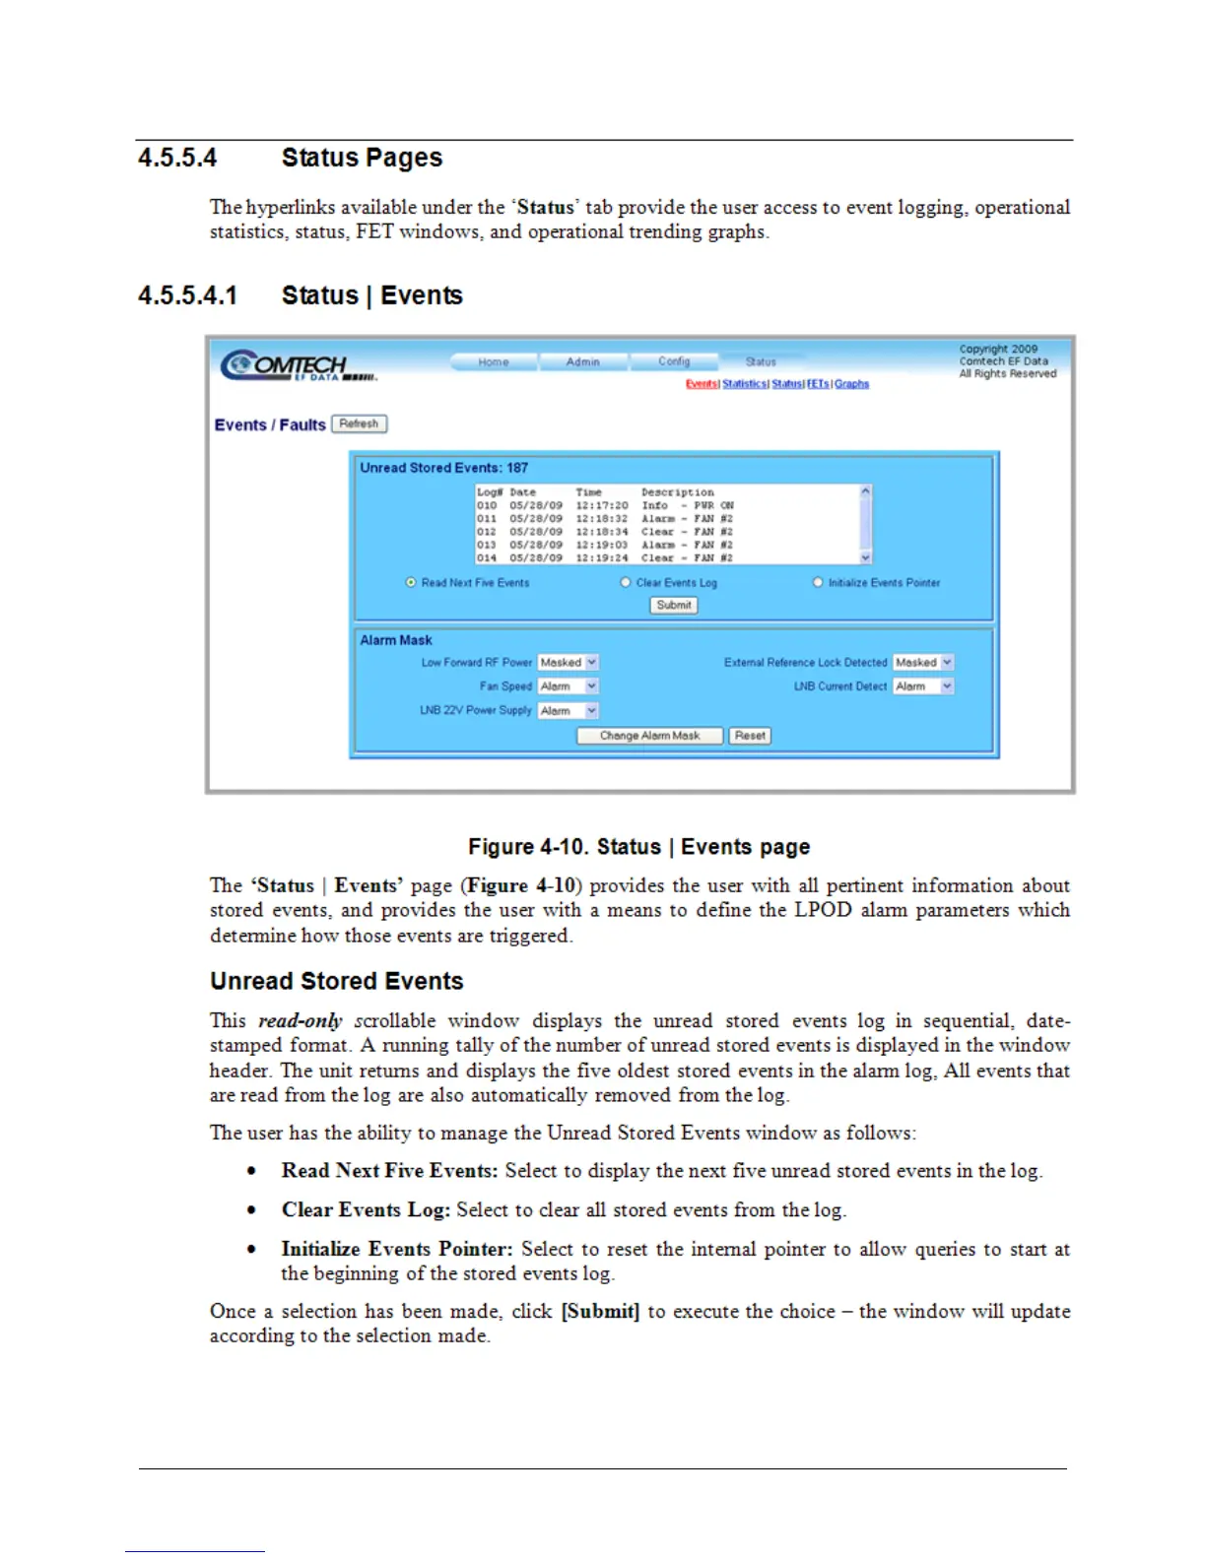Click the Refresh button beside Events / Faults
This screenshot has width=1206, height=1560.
[359, 423]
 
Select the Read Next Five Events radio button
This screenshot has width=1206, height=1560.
[411, 582]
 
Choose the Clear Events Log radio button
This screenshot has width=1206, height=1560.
[625, 582]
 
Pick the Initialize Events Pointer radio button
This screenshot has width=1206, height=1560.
[818, 582]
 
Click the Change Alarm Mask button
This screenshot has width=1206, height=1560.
[649, 736]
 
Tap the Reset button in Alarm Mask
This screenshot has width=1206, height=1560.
[750, 736]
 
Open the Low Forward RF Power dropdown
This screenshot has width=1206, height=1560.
[569, 663]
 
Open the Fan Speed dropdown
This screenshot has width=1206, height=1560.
[569, 686]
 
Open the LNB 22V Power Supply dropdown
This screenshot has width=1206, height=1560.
[569, 710]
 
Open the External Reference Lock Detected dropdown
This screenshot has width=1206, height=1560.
[923, 663]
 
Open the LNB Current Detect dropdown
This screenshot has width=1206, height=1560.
[923, 686]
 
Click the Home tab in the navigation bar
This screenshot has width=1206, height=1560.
[494, 362]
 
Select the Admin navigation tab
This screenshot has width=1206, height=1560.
[582, 362]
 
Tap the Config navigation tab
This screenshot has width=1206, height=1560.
[674, 361]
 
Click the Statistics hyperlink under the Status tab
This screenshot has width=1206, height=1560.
[745, 384]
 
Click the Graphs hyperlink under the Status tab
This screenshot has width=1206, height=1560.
[851, 384]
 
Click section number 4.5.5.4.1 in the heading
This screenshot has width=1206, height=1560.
[187, 295]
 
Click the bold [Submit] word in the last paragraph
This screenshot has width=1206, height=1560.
[600, 1312]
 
